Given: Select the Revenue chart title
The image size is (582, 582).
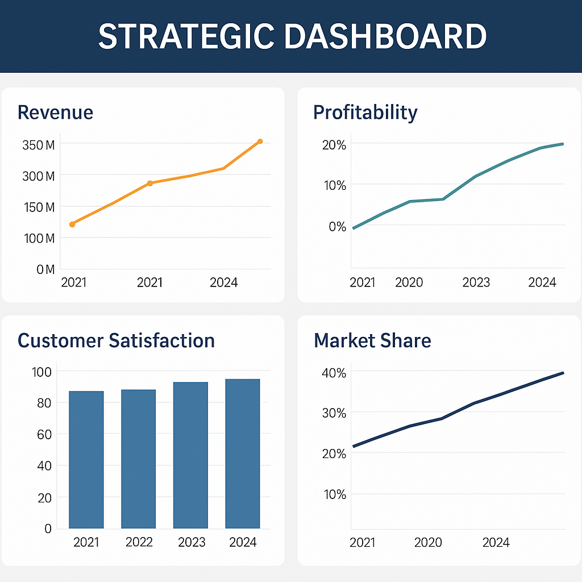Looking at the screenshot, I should (x=55, y=112).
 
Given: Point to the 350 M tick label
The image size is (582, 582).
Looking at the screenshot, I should (x=38, y=145).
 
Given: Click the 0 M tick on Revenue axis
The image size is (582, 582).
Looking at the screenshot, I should (x=45, y=269).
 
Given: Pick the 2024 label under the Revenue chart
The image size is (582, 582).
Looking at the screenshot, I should (x=223, y=282).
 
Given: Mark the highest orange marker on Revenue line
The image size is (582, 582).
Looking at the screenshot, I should (x=260, y=142).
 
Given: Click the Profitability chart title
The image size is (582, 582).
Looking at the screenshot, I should (x=365, y=112).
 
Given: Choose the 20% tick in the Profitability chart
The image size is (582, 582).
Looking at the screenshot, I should (x=334, y=145).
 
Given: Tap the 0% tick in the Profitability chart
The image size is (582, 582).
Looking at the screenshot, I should (x=336, y=226).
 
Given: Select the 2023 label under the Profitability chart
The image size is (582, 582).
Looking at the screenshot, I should (x=476, y=282).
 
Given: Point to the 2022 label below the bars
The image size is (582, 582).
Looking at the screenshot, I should (x=139, y=542).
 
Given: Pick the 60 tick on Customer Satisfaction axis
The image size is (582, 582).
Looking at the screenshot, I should (x=44, y=434).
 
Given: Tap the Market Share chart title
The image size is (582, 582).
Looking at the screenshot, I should (x=372, y=340).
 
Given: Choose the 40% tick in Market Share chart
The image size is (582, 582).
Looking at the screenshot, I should (x=334, y=373).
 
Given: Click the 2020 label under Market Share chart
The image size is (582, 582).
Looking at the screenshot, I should (x=427, y=542).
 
